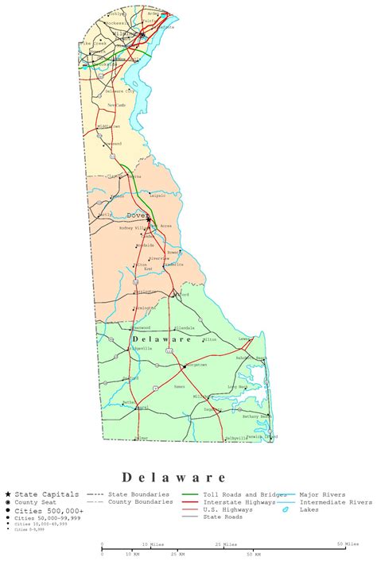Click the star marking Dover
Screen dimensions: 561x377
pos(149,220)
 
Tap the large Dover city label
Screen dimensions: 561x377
pos(136,215)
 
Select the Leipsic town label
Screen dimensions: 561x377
pos(157,194)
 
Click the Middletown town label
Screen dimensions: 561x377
pos(109,126)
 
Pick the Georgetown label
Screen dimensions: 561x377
pos(196,365)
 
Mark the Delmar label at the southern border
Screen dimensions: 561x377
pos(142,437)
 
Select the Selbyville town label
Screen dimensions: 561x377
pos(237,438)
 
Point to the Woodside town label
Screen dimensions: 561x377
pos(145,245)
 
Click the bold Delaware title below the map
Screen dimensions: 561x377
pos(174,477)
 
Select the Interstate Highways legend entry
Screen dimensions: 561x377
pos(238,502)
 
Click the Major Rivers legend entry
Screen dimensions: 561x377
pos(322,494)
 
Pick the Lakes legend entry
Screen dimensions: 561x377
pos(309,509)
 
